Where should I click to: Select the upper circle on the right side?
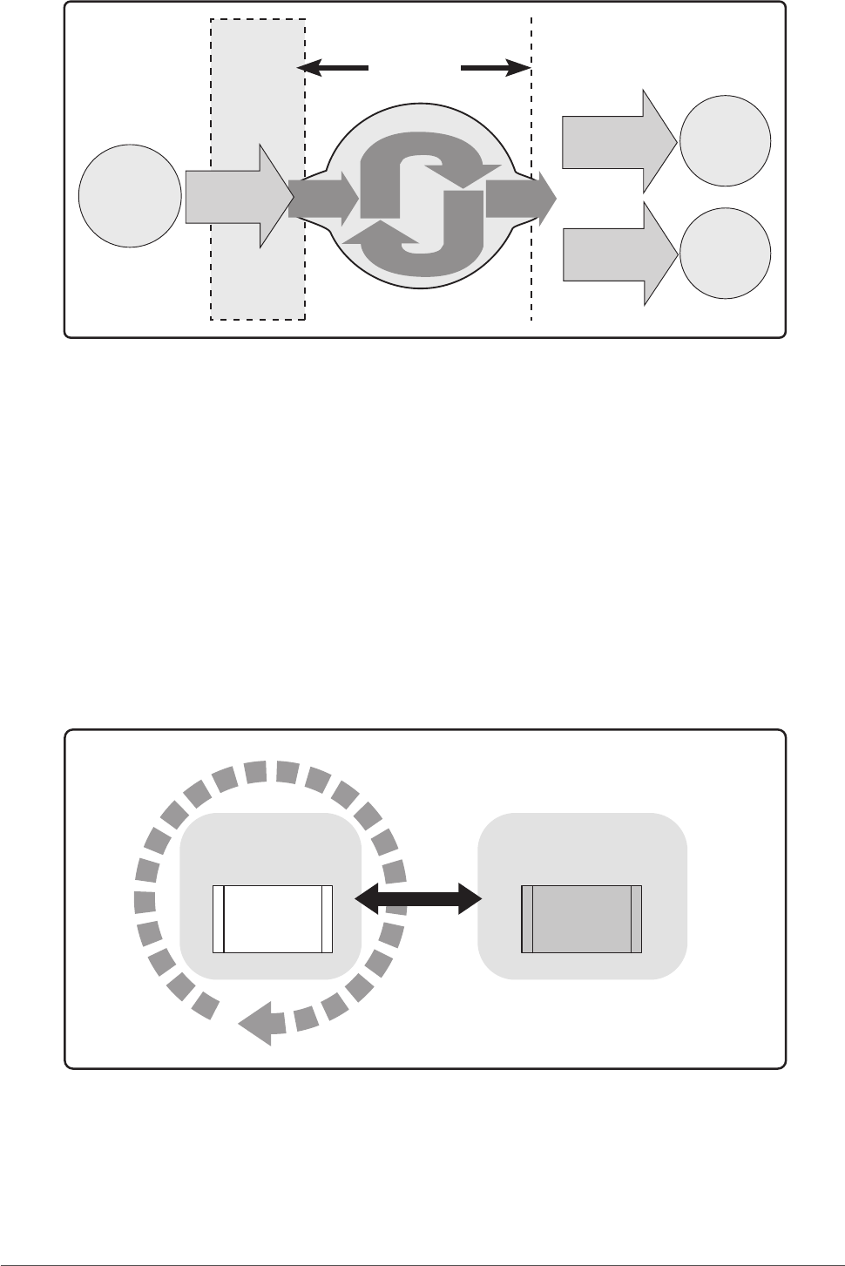pos(725,140)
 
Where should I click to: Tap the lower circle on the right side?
pos(725,254)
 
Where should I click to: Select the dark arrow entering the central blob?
pos(322,199)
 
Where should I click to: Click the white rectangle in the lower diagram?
pos(273,919)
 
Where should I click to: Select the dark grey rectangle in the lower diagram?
pos(581,919)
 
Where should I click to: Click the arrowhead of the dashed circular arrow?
pos(257,1025)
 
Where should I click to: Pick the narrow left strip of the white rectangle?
pos(219,919)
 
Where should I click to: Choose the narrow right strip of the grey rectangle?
pos(637,919)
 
